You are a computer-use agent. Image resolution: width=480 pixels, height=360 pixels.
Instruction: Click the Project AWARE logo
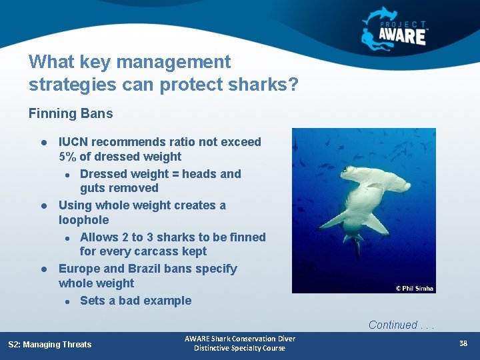coord(395,29)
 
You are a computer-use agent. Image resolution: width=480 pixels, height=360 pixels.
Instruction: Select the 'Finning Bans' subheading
coord(71,113)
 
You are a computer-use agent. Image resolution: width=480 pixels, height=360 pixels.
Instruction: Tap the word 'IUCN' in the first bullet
coord(73,142)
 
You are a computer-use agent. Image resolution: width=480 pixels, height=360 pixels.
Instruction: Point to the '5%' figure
coord(67,157)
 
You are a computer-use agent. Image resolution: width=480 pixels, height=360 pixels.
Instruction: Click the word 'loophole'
coord(83,220)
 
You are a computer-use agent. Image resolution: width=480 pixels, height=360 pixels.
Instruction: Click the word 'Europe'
coord(79,269)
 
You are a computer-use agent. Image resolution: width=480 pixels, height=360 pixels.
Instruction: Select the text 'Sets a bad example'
coord(135,301)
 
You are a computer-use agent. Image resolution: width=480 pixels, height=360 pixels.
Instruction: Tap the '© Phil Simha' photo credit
coord(414,289)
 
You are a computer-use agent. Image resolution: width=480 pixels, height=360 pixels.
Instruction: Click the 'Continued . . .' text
coord(401,325)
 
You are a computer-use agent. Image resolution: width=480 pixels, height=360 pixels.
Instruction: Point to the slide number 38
coord(463,344)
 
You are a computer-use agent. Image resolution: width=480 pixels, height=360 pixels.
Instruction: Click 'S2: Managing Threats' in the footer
coord(50,345)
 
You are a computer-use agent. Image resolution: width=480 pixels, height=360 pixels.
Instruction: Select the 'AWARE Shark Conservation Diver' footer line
coord(239,339)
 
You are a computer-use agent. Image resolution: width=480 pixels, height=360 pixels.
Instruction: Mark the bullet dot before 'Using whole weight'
coord(42,206)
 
